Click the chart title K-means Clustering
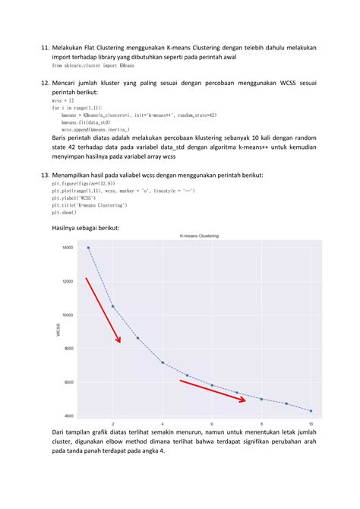pyautogui.click(x=200, y=236)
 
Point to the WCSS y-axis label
pyautogui.click(x=58, y=330)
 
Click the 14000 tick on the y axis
pyautogui.click(x=68, y=248)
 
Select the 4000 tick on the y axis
pyautogui.click(x=68, y=416)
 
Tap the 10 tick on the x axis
pyautogui.click(x=311, y=423)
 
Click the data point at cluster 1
pyautogui.click(x=88, y=248)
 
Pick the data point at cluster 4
pyautogui.click(x=163, y=362)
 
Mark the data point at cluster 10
pyautogui.click(x=311, y=411)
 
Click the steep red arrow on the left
pyautogui.click(x=103, y=310)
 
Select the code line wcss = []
pyautogui.click(x=64, y=100)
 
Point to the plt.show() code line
pyautogui.click(x=65, y=213)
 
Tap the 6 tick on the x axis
pyautogui.click(x=212, y=423)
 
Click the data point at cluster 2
pyautogui.click(x=112, y=306)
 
